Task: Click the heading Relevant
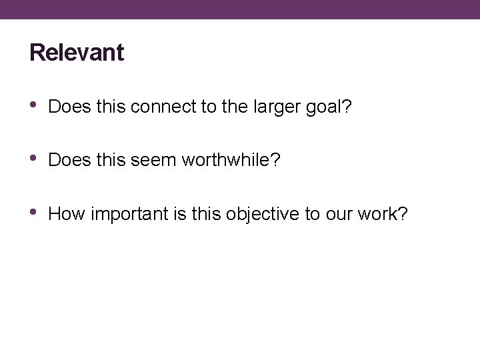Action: pos(77,53)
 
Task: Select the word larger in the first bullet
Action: pos(259,106)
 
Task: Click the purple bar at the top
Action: pos(240,9)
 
